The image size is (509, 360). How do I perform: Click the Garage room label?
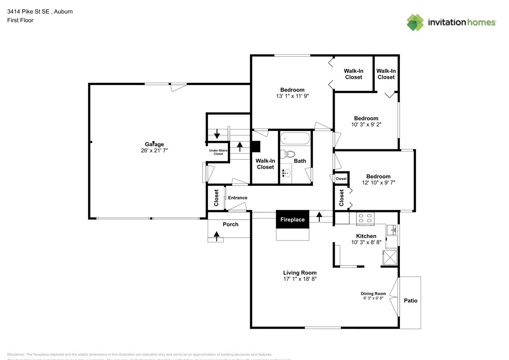(x=154, y=144)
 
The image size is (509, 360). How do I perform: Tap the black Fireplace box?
(x=292, y=219)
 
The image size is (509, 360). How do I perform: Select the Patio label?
(x=410, y=301)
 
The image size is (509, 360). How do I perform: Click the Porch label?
(x=230, y=224)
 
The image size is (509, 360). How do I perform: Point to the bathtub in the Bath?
(x=295, y=139)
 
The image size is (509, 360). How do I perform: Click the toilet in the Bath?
(x=288, y=154)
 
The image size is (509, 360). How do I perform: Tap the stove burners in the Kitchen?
(x=365, y=218)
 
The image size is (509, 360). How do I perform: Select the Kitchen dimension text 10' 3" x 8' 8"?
(x=366, y=242)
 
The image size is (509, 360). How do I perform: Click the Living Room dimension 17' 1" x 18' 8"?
(x=300, y=279)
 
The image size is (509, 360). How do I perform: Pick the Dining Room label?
(x=373, y=294)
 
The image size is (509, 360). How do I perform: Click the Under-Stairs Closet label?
(x=218, y=152)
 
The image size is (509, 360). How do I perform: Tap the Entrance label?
(x=238, y=198)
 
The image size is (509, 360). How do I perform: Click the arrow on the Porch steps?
(x=216, y=236)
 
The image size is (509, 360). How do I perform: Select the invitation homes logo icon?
(x=415, y=22)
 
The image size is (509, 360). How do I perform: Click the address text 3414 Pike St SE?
(x=28, y=12)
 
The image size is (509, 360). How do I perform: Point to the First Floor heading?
(x=20, y=20)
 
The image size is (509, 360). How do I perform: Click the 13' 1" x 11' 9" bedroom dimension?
(x=292, y=96)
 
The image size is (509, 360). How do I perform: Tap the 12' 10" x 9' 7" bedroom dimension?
(x=378, y=183)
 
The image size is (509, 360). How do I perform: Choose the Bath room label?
(x=300, y=161)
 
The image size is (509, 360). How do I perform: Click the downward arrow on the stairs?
(x=217, y=135)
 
